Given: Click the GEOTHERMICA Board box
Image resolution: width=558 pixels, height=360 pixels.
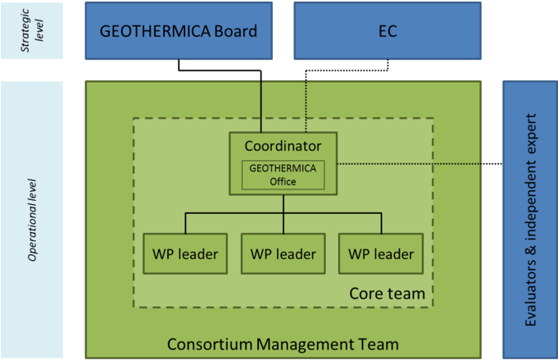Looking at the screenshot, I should pos(179,31).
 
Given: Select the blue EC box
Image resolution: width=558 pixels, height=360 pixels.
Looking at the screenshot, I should pos(388,31).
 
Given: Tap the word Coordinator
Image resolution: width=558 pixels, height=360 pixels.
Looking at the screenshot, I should pos(283,146).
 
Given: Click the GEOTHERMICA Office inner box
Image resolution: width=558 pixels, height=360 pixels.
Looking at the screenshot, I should pos(283,174).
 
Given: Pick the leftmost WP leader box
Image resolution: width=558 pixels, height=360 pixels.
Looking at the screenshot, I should pos(185,253).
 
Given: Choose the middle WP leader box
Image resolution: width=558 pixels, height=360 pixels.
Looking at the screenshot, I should pos(283,253).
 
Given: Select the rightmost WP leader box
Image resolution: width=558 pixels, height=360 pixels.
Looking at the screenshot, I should pos(381,253).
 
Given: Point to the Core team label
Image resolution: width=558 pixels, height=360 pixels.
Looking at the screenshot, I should pos(387,293).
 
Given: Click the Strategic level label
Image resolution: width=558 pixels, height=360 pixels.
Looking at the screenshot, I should pos(33,30).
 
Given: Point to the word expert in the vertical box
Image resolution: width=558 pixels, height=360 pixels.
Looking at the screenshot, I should pos(530,132).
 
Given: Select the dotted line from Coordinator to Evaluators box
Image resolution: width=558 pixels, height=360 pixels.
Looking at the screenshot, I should pos(410,163).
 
